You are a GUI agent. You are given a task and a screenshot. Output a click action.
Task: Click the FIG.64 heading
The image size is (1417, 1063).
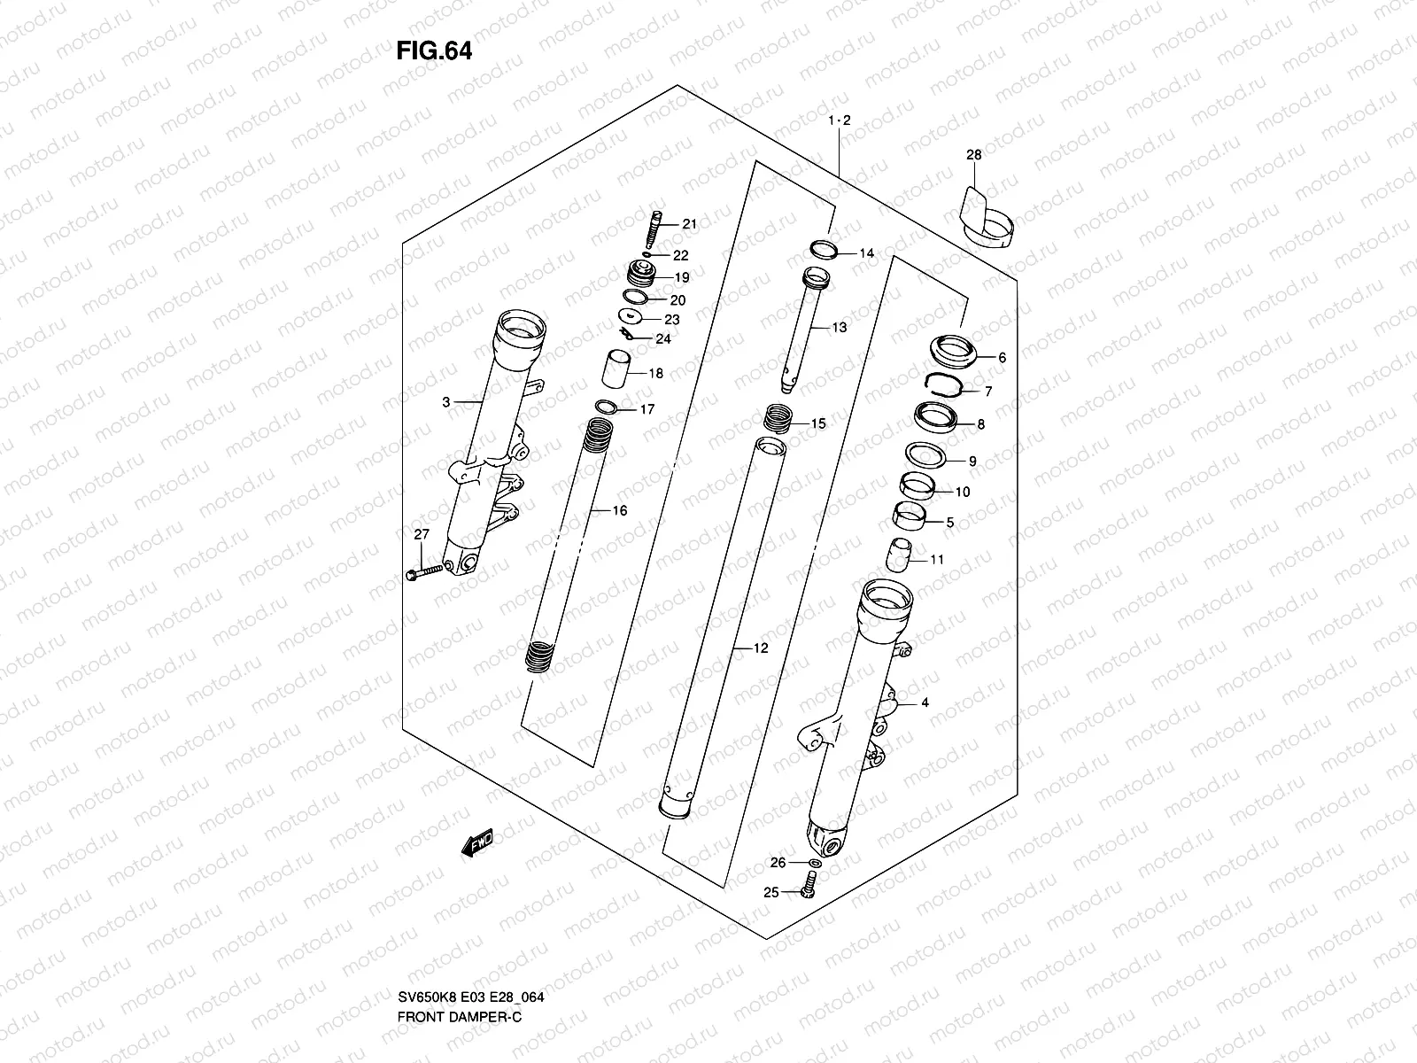pos(434,51)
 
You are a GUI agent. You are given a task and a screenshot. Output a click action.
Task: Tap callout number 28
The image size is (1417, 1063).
pos(973,155)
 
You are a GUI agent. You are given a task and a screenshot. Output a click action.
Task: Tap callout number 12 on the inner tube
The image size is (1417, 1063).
pos(761,648)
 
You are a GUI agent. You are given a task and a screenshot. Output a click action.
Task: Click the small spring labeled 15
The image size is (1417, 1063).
pos(777,416)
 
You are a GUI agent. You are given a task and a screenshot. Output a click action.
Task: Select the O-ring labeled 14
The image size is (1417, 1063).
pos(822,250)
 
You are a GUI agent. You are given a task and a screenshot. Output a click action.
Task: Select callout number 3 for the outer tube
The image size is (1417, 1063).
pos(446,402)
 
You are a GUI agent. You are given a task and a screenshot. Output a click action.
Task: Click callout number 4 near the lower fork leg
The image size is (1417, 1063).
pos(925,703)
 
